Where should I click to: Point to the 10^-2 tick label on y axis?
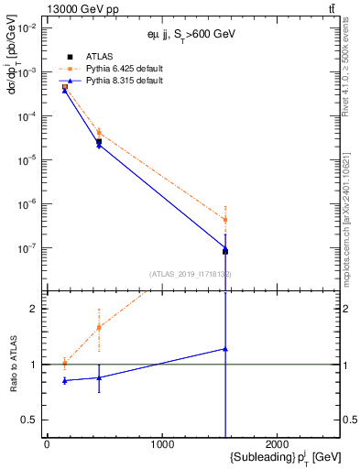[x=26, y=27]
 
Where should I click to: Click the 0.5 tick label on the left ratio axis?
[x=29, y=420]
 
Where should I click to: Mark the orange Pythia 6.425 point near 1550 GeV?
[x=224, y=220]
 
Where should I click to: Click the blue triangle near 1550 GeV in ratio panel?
[x=224, y=349]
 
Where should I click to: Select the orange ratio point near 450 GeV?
[x=99, y=327]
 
